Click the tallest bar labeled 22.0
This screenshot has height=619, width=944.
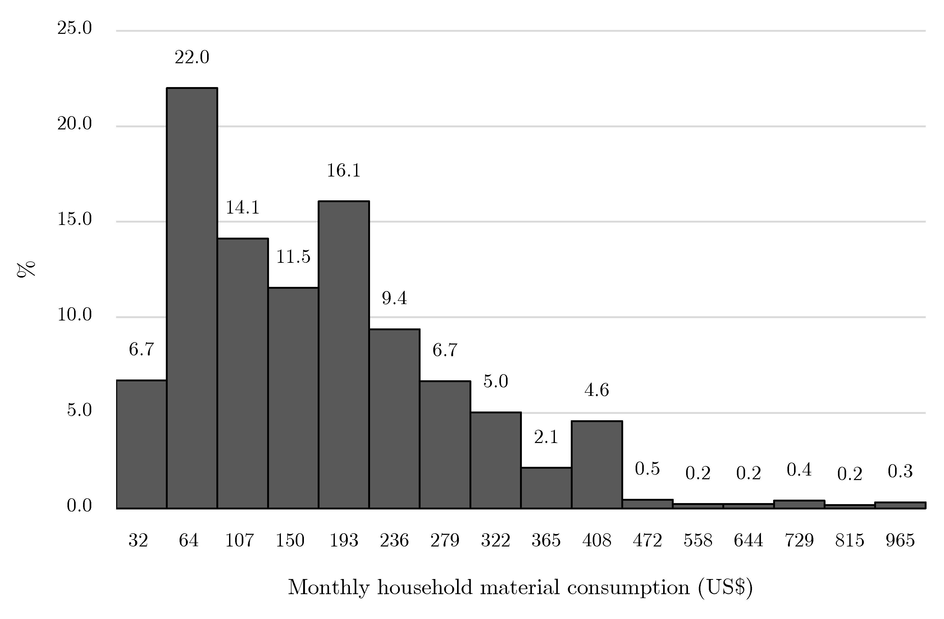coord(192,298)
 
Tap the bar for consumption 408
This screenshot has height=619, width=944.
coord(597,464)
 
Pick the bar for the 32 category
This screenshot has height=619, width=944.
coord(141,444)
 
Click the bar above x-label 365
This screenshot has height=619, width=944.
coord(546,488)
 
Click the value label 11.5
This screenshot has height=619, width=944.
coord(293,257)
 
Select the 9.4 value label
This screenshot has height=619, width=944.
coord(394,298)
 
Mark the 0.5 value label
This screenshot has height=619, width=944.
coord(647,469)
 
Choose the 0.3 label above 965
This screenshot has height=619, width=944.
coord(900,471)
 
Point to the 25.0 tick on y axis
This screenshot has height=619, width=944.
coord(75,28)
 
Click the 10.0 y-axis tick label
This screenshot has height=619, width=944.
coord(75,315)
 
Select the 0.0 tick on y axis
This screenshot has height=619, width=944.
coord(79,505)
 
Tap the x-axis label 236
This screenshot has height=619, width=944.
coord(394,540)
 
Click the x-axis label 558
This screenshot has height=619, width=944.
coord(698,540)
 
